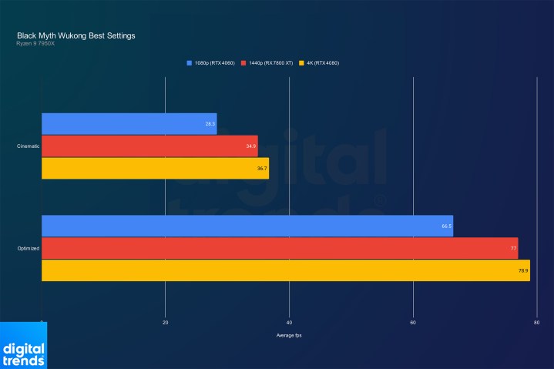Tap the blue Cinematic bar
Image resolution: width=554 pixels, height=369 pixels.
tap(129, 123)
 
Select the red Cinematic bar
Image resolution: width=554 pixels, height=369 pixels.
tap(149, 146)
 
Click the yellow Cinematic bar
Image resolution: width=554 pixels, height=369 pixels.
tap(155, 168)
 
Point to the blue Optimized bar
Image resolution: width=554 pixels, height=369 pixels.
tap(247, 226)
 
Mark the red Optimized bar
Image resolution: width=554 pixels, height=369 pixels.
tap(279, 248)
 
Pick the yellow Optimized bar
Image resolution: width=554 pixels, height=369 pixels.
tap(285, 270)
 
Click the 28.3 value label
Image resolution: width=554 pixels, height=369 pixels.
tap(210, 123)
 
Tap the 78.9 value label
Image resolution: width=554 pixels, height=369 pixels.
tap(523, 270)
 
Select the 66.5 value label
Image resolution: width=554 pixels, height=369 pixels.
tap(446, 226)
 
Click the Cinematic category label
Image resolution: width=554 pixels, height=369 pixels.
tap(29, 146)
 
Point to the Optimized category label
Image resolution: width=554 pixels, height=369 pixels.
tap(29, 248)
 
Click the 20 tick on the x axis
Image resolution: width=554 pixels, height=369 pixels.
tap(165, 322)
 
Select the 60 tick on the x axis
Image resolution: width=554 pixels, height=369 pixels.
tap(413, 322)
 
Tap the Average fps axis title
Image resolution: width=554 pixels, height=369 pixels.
tap(289, 335)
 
